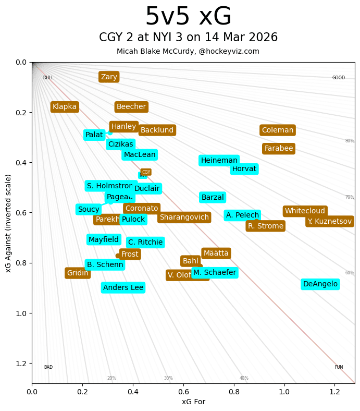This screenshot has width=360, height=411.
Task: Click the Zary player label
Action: (x=109, y=77)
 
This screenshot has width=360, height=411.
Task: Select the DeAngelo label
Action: (x=320, y=284)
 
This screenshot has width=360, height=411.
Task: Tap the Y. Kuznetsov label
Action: (x=329, y=221)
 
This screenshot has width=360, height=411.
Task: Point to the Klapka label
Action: (x=65, y=107)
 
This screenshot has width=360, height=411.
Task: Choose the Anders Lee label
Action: (x=123, y=287)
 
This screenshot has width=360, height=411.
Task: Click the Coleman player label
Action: (x=278, y=130)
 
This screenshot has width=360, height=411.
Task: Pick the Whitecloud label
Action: (x=305, y=211)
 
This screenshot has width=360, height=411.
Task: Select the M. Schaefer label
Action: (x=215, y=273)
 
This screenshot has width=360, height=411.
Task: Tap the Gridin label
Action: (x=78, y=273)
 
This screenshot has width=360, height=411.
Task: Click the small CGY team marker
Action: (x=146, y=172)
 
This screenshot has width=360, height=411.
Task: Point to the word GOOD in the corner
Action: (x=339, y=78)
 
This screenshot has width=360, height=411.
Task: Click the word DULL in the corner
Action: (x=48, y=78)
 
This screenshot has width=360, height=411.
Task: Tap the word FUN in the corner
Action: (x=339, y=367)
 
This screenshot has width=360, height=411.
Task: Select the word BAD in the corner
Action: (x=48, y=367)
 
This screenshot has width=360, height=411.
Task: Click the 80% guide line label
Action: (x=350, y=141)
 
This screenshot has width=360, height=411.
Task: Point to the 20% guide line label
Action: (x=111, y=378)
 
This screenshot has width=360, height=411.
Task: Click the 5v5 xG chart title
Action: (x=188, y=17)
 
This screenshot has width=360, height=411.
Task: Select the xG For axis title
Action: (x=193, y=402)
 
